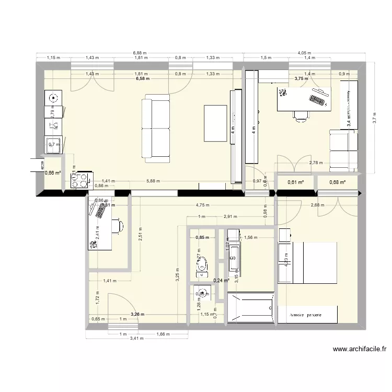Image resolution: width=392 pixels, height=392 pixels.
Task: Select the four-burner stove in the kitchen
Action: click(79, 180)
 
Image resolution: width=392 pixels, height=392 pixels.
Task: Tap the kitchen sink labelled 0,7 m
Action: click(53, 145)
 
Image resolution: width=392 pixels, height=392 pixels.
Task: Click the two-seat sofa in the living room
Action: click(156, 126)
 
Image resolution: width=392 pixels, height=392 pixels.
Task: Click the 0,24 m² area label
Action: click(222, 280)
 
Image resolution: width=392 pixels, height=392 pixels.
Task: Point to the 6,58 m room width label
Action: click(142, 79)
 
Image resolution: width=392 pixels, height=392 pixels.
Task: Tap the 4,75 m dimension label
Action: click(202, 205)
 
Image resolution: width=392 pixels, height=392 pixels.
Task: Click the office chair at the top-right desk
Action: click(300, 117)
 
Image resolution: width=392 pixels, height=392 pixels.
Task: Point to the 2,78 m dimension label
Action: click(316, 163)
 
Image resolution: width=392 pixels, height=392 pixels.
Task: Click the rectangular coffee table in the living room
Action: click(215, 123)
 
